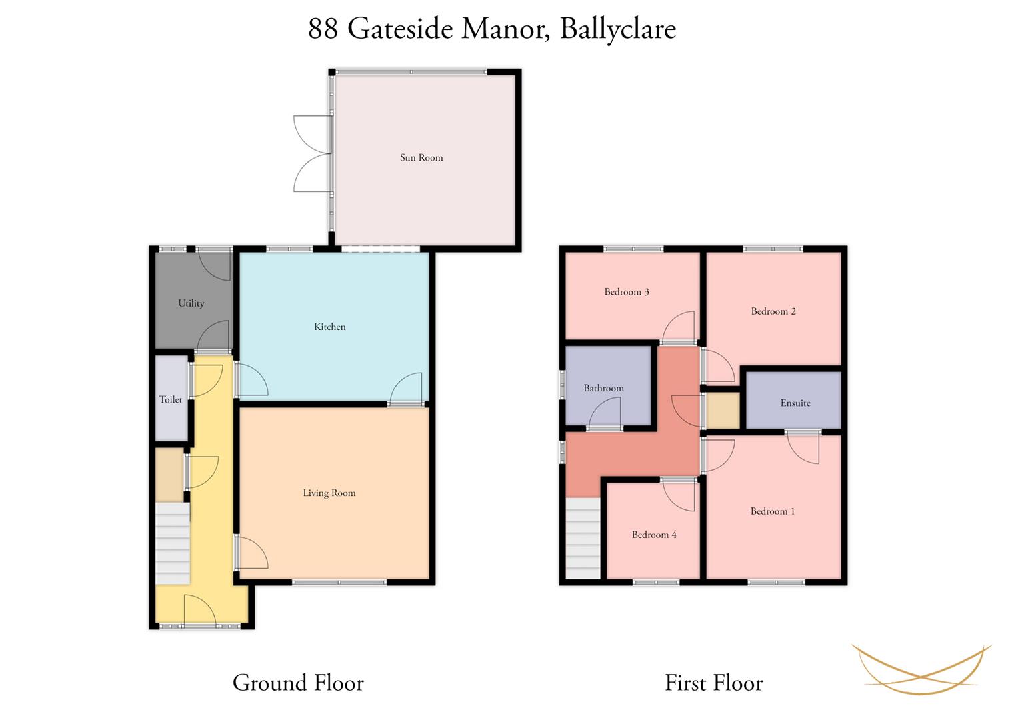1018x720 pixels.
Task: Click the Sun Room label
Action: point(421,158)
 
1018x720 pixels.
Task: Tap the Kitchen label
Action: point(330,327)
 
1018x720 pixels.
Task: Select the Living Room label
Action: point(329,493)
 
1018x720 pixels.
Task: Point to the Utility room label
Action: point(191,303)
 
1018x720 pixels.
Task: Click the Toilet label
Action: point(171,399)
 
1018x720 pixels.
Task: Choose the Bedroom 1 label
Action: point(773,511)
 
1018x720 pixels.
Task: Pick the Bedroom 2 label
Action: point(773,311)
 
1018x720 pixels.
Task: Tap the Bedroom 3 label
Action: point(627,292)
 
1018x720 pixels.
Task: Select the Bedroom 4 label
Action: point(654,535)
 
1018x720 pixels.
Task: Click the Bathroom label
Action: point(603,388)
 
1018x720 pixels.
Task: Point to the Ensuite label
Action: point(795,403)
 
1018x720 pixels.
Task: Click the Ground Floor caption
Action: point(298,683)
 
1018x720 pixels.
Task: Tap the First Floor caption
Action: point(714,683)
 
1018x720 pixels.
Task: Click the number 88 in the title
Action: point(323,29)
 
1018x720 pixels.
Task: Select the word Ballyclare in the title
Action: point(618,29)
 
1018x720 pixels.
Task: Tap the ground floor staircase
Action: point(173,543)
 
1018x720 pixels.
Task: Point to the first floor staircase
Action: point(583,539)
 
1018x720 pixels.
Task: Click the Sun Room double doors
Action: point(313,153)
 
